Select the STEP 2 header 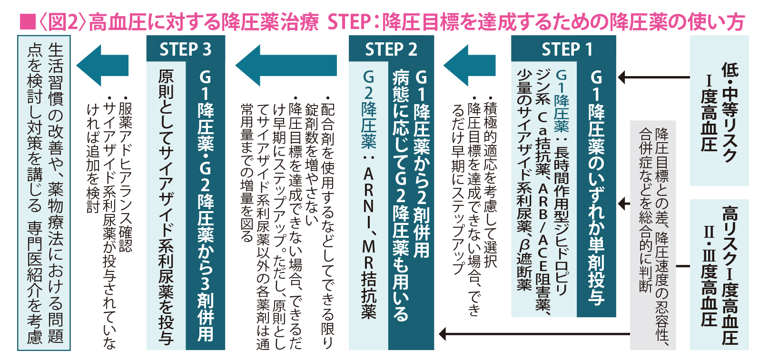391,49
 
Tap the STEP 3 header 186,49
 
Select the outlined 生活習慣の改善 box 44,193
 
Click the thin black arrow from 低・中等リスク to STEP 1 654,77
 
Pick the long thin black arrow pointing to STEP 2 533,334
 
